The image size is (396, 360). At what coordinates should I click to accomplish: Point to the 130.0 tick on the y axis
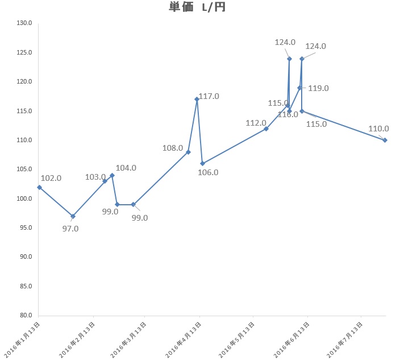(24, 23)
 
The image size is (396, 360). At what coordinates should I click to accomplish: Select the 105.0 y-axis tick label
(24, 169)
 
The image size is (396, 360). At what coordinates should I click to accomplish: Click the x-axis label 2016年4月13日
(184, 339)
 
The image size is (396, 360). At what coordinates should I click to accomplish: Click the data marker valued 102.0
(39, 187)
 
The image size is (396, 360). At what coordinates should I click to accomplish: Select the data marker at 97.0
(73, 216)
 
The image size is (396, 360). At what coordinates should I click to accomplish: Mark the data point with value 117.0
(197, 100)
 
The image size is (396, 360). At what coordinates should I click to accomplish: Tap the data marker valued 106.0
(202, 163)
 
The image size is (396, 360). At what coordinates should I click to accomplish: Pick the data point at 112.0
(266, 129)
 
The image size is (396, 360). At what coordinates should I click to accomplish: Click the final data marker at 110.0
(385, 140)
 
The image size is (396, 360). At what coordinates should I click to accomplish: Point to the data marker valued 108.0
(188, 152)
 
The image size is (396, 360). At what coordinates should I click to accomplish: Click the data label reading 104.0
(126, 168)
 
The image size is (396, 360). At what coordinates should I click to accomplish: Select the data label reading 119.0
(318, 88)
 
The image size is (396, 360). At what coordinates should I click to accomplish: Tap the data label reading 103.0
(95, 177)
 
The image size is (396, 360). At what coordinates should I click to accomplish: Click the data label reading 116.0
(287, 114)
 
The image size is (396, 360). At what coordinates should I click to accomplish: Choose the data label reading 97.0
(70, 229)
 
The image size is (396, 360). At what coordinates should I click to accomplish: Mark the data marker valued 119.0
(299, 88)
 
